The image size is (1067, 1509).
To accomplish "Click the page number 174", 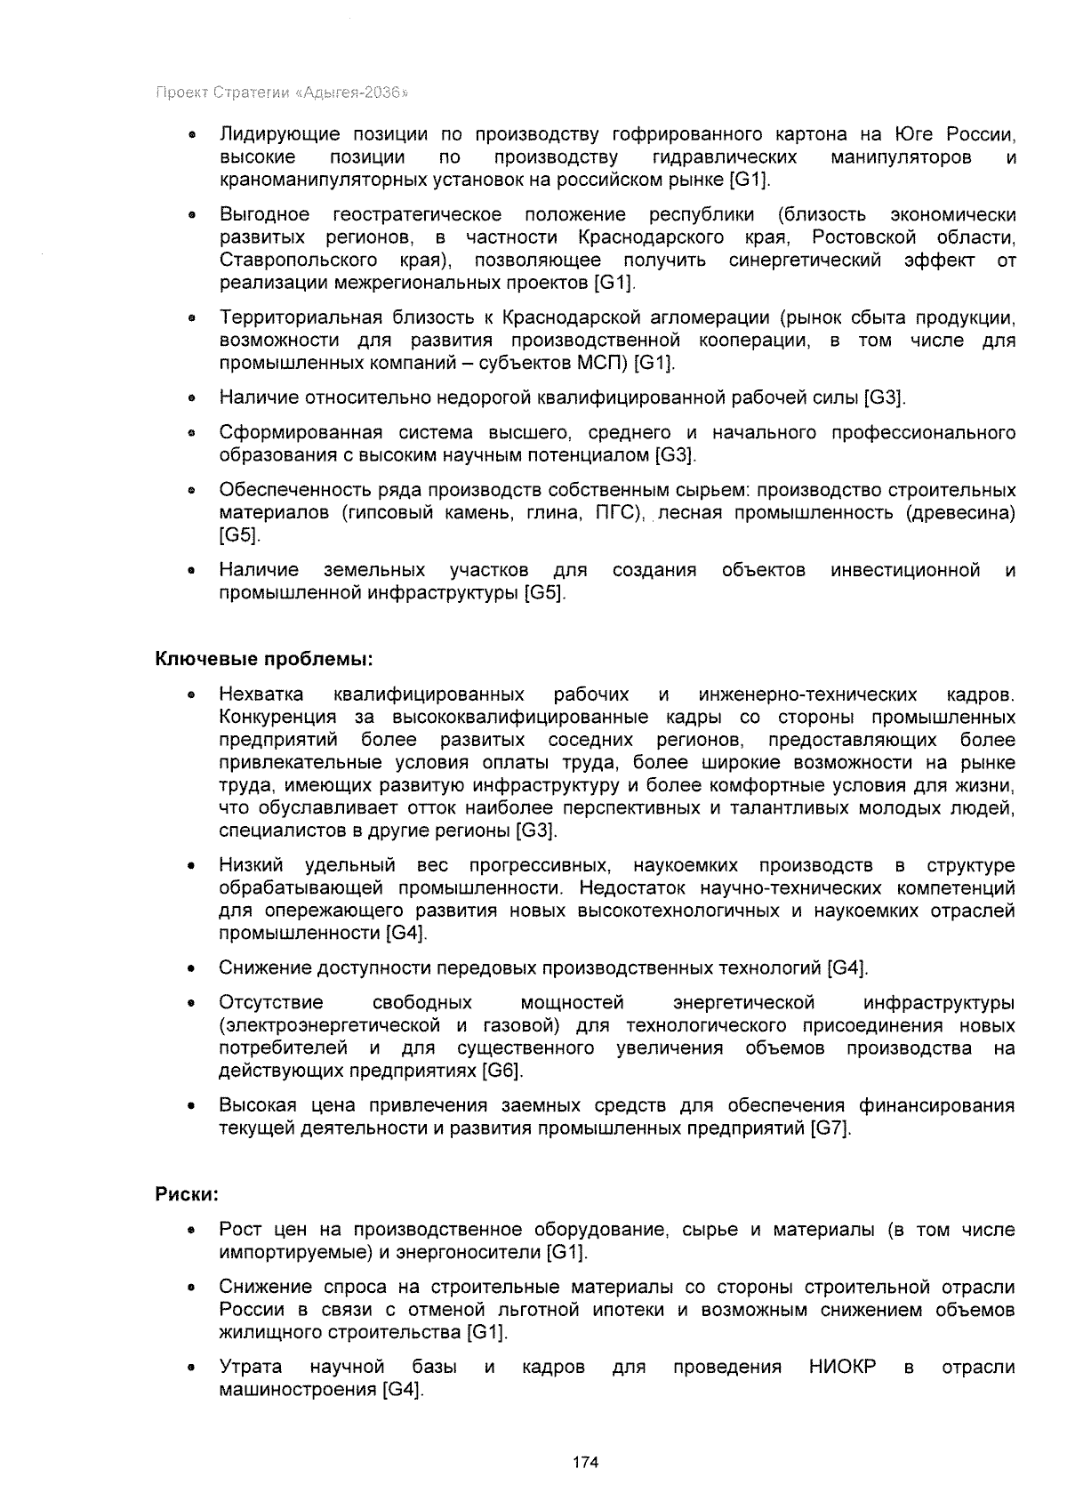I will click(585, 1462).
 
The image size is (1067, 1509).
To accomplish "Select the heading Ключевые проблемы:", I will click(264, 659).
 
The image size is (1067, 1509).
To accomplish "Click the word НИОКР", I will click(842, 1367).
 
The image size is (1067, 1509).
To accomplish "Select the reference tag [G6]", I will click(501, 1071).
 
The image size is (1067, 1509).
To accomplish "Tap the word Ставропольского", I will click(293, 261).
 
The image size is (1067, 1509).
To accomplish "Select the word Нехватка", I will click(261, 694).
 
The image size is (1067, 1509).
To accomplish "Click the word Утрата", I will click(251, 1367).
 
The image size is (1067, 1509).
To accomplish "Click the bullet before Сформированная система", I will click(190, 434).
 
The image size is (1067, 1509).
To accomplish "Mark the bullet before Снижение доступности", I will click(190, 968).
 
